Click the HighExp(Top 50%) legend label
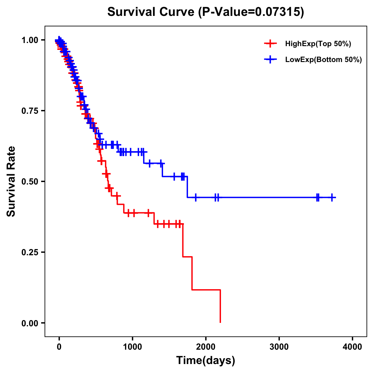[x=318, y=44]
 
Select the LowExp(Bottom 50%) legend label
[x=324, y=60]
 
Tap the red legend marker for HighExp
[x=270, y=44]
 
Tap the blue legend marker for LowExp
[x=270, y=60]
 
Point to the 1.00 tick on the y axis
[x=30, y=40]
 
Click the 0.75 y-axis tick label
[x=30, y=111]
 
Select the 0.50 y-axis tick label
[x=30, y=182]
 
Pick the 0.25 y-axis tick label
[x=30, y=252]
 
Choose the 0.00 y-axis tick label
[x=30, y=323]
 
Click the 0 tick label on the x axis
[x=59, y=347]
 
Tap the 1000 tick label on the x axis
[x=132, y=347]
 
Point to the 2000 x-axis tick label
[x=206, y=347]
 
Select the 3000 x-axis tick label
[x=279, y=347]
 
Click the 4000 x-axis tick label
[x=352, y=347]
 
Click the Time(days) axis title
[x=206, y=361]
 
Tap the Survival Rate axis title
[x=11, y=181]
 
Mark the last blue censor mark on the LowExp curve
[x=332, y=197]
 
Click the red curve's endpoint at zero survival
[x=220, y=322]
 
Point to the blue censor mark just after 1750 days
[x=196, y=197]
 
